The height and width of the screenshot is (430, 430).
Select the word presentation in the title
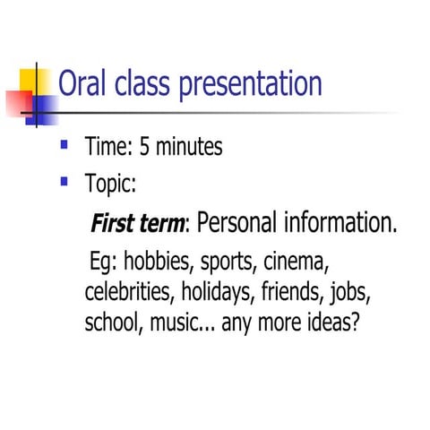[252, 85]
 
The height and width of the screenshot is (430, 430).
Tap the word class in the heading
[146, 84]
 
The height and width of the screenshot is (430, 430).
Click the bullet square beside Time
[64, 143]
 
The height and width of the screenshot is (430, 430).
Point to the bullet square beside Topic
[64, 181]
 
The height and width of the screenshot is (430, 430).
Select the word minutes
[189, 147]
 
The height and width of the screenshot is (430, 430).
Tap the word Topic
[110, 185]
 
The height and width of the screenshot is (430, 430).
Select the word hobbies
[157, 264]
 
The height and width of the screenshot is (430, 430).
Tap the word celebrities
[128, 293]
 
